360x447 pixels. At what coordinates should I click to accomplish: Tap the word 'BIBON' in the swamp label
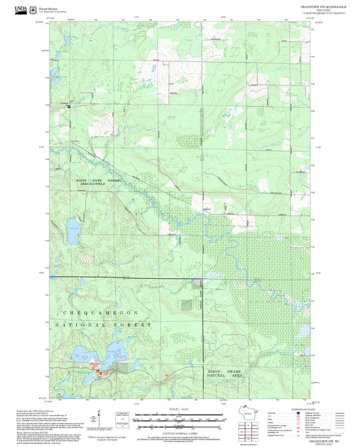tap(211, 371)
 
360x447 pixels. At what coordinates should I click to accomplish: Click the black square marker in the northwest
tap(68, 106)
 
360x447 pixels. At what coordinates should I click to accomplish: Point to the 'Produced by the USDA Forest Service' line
tap(34, 410)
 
